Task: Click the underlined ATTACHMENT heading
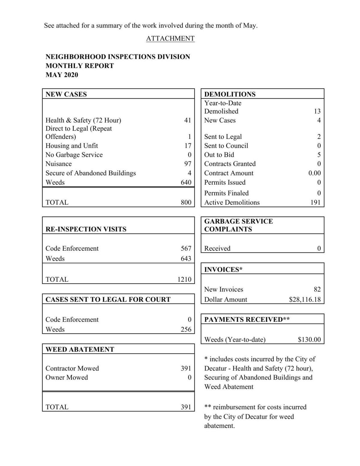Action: click(x=170, y=38)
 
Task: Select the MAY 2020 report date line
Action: click(x=62, y=75)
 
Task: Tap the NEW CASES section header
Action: click(x=66, y=94)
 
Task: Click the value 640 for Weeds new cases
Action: click(x=186, y=182)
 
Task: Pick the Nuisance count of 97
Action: click(x=187, y=164)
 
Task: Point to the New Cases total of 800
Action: click(x=186, y=202)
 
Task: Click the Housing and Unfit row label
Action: click(x=72, y=146)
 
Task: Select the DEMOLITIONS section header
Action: click(x=230, y=94)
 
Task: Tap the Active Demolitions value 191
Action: click(x=315, y=202)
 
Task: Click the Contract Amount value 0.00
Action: click(x=314, y=173)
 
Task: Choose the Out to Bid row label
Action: click(x=219, y=155)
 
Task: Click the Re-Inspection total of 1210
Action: click(x=184, y=279)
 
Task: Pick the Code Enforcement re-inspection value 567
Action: click(x=186, y=248)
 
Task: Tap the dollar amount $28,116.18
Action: click(x=305, y=300)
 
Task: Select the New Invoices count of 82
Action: click(x=317, y=289)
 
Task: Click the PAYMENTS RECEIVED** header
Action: click(x=247, y=319)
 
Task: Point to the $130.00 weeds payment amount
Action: click(x=309, y=340)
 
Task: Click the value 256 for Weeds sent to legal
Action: click(x=186, y=329)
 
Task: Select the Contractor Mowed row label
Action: click(x=72, y=368)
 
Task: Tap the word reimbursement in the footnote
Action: click(x=234, y=407)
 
